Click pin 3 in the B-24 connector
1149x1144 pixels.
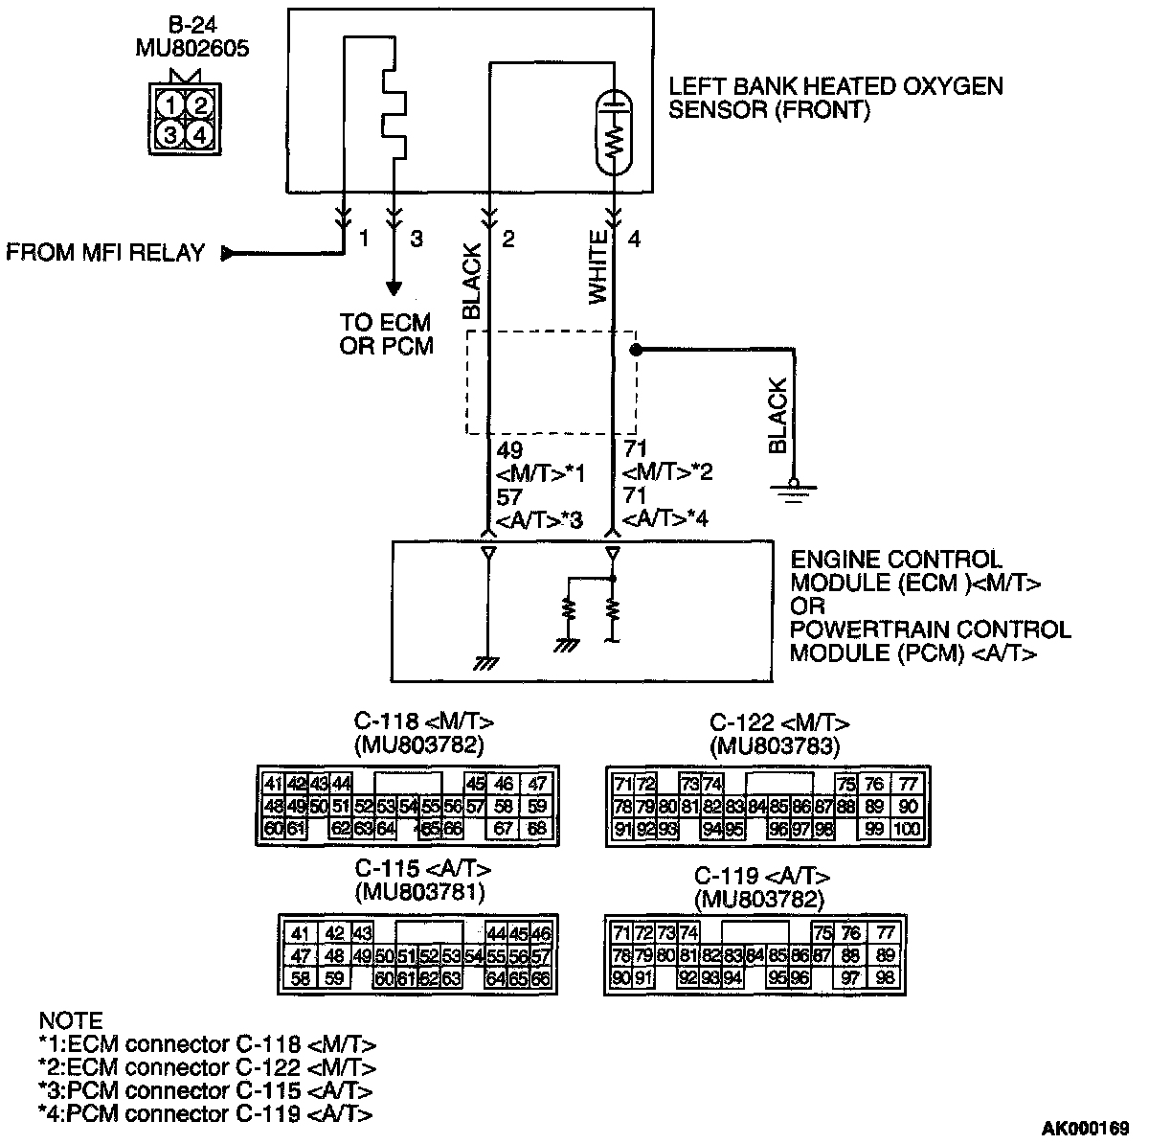(170, 133)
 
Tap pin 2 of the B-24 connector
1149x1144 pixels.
(198, 104)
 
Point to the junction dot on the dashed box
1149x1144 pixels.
(635, 350)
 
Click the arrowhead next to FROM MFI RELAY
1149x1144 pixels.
(228, 254)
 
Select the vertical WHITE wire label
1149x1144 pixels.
(598, 267)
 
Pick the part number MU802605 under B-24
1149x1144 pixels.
(192, 48)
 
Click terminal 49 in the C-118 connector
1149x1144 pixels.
(296, 807)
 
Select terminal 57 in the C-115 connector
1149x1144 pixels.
(541, 956)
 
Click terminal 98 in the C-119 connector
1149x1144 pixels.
(884, 977)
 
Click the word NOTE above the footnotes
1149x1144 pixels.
(70, 1020)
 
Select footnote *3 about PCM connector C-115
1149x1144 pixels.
(205, 1091)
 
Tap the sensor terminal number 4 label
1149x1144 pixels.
(634, 240)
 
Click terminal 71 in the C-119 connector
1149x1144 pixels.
(620, 933)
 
